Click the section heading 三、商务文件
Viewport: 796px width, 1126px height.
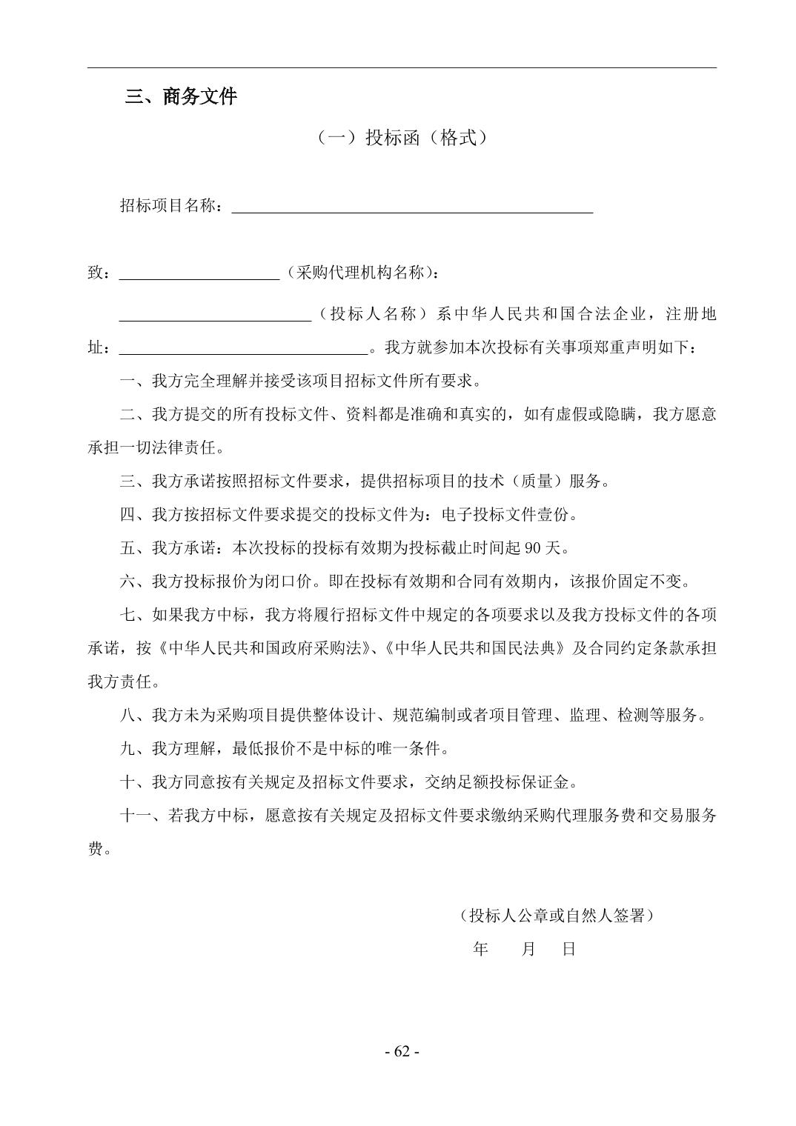pos(181,97)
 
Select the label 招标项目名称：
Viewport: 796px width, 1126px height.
pos(172,206)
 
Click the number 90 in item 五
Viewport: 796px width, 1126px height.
pos(532,548)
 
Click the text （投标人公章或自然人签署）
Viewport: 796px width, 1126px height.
pos(556,916)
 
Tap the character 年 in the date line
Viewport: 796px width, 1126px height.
pos(480,949)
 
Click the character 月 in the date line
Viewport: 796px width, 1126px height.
pos(528,949)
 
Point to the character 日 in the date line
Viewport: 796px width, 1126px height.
pos(568,949)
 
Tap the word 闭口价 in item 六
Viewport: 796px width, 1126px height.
pos(289,582)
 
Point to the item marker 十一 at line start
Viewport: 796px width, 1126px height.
pos(136,816)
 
